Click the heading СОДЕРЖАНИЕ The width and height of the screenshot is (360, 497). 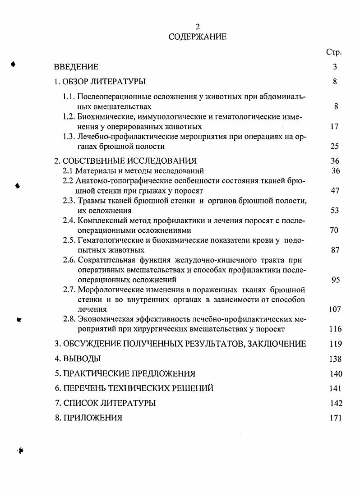(x=198, y=37)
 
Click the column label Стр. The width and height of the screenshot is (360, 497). (x=334, y=52)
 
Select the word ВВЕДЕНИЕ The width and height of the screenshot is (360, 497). (x=76, y=67)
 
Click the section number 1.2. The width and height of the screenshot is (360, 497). (x=69, y=117)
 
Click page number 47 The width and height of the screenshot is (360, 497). (x=335, y=191)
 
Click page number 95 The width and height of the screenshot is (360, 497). (x=335, y=280)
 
